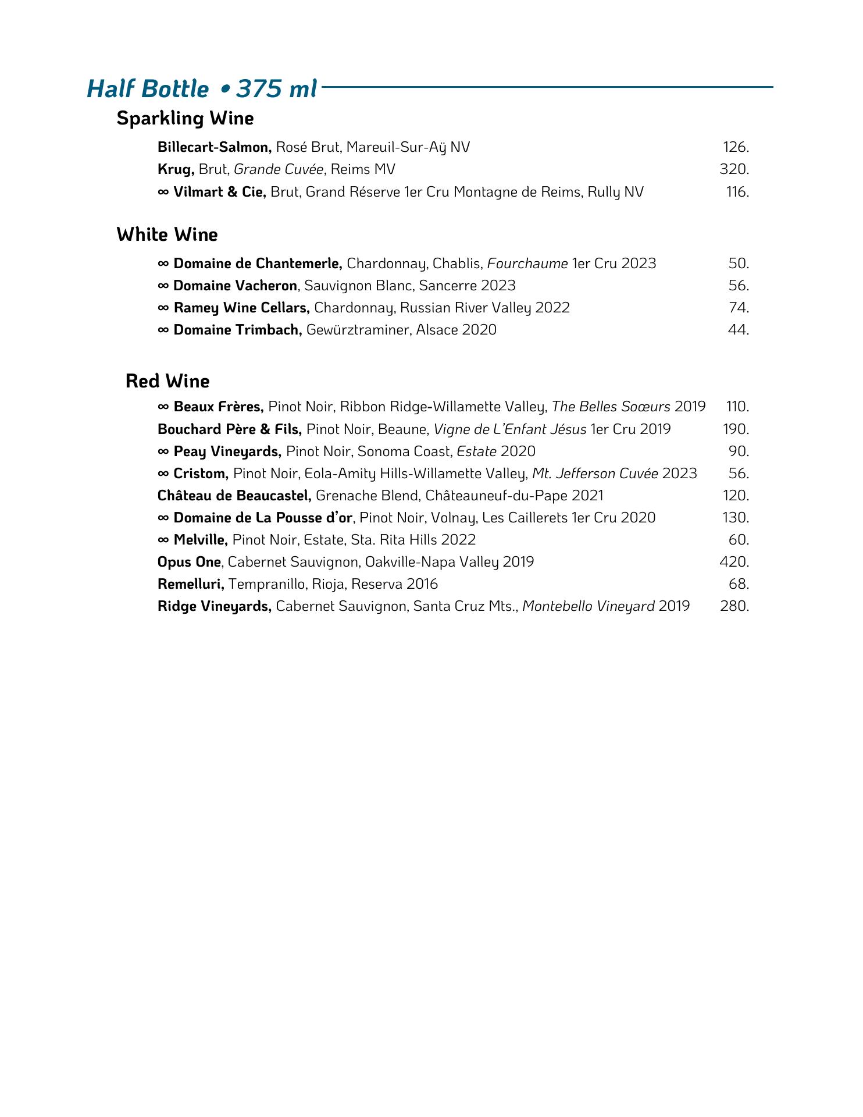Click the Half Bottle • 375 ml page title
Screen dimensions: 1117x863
[202, 88]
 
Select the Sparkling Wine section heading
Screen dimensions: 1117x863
[185, 118]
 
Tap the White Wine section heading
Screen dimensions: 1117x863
[167, 234]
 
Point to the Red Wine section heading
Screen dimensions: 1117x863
[167, 381]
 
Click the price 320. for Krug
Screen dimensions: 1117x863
[734, 169]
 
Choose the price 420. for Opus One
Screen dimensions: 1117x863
[734, 562]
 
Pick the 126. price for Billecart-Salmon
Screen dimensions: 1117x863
[736, 147]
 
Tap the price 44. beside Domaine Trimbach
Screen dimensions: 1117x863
[738, 330]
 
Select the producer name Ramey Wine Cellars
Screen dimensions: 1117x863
[241, 308]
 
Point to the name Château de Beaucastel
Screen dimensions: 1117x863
[234, 496]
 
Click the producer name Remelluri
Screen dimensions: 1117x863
[191, 584]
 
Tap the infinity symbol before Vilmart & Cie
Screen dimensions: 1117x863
[163, 192]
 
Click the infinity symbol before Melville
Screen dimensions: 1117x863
[163, 540]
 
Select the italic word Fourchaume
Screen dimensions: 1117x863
[527, 264]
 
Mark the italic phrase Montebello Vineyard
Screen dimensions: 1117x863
[589, 606]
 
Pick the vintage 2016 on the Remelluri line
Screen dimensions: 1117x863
[422, 584]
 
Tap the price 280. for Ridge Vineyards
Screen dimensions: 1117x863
[734, 606]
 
